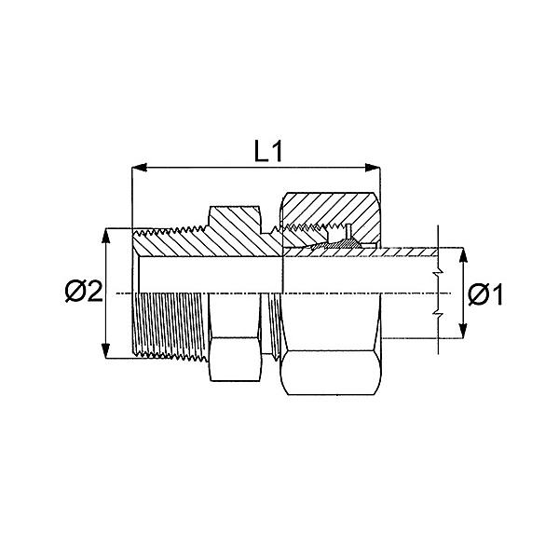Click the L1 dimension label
pyautogui.click(x=268, y=151)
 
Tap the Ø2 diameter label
pyautogui.click(x=84, y=292)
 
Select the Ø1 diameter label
pyautogui.click(x=485, y=294)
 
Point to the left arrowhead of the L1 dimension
pyautogui.click(x=140, y=167)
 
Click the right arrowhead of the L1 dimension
pyautogui.click(x=373, y=167)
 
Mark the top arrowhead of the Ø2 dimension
pyautogui.click(x=105, y=236)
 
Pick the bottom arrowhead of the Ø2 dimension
pyautogui.click(x=105, y=351)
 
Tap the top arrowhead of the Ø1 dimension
pyautogui.click(x=463, y=255)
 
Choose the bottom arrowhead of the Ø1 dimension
pyautogui.click(x=463, y=331)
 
